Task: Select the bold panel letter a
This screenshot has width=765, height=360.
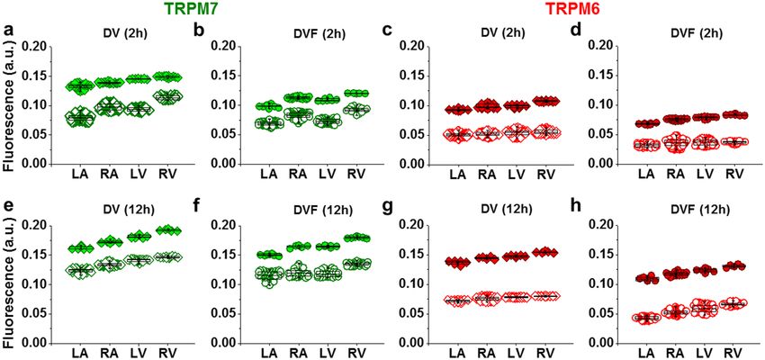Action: (8, 33)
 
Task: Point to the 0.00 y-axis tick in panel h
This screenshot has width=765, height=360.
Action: (602, 343)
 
